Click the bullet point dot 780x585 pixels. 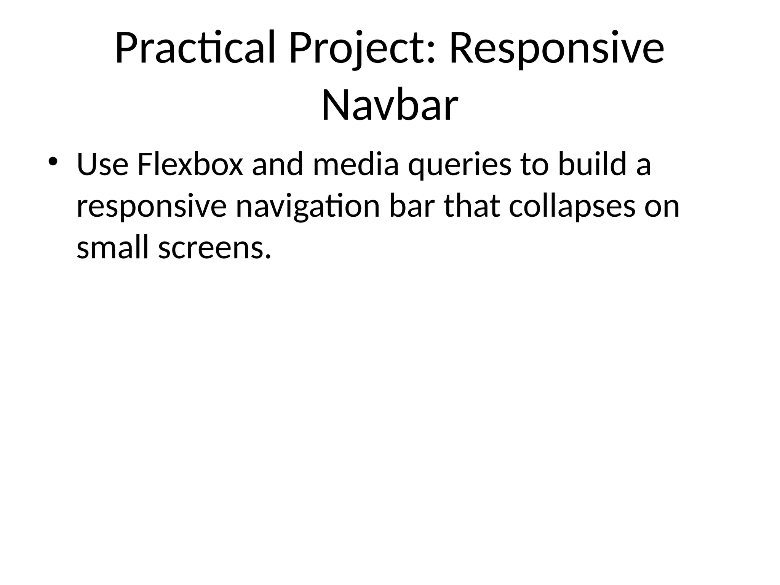click(x=52, y=160)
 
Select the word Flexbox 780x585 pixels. click(x=190, y=165)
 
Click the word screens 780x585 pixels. click(x=215, y=248)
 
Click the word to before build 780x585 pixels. click(x=535, y=165)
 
